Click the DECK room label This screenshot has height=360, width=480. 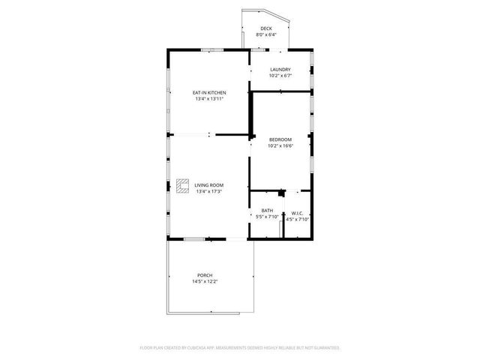point(265,29)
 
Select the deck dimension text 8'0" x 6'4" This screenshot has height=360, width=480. point(265,34)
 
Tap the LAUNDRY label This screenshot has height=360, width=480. point(280,70)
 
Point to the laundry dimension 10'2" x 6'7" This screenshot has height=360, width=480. point(280,76)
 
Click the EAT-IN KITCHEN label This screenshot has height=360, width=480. point(210,93)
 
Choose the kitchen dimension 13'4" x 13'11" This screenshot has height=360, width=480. point(210,99)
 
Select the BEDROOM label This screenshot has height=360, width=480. point(280,139)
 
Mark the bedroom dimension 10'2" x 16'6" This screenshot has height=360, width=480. point(280,145)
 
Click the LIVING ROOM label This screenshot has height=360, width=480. point(209,185)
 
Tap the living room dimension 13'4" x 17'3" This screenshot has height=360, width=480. point(209,191)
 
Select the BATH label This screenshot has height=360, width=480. point(267,211)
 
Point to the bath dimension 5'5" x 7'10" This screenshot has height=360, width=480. point(267,217)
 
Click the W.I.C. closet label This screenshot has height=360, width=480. point(297,213)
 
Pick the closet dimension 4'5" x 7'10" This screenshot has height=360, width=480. point(298,219)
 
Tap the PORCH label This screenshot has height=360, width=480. point(205,275)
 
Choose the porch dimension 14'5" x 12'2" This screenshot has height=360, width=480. point(205,281)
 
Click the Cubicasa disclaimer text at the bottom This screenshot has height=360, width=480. point(240,347)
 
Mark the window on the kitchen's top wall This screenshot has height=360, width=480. point(211,50)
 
